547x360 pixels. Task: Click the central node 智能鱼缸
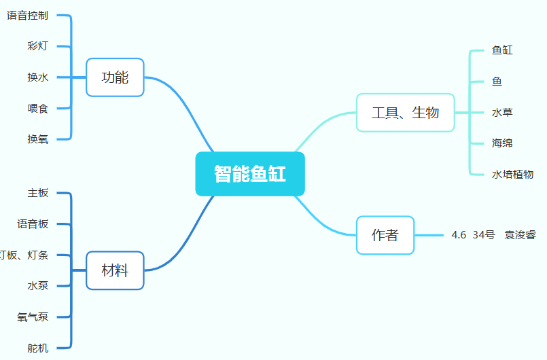tap(250, 174)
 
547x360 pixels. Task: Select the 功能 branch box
tap(115, 77)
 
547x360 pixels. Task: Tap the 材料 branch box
tap(115, 270)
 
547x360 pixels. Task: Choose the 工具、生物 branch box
tap(405, 113)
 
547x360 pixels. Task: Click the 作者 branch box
tap(385, 235)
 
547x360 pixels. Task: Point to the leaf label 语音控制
tap(27, 16)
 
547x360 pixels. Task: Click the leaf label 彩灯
tap(37, 46)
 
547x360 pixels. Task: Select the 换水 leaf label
tap(37, 77)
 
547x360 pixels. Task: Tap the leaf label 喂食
tap(37, 108)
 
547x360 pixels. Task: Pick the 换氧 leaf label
tap(37, 139)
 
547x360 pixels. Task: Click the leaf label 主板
tap(37, 193)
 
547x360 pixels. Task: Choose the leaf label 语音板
tap(33, 223)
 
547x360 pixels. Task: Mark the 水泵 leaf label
tap(37, 286)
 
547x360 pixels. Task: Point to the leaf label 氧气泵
tap(33, 317)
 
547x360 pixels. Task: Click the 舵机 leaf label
tap(37, 348)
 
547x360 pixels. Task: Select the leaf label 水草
tap(502, 112)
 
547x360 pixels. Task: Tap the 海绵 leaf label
tap(502, 143)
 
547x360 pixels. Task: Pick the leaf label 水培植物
tap(512, 174)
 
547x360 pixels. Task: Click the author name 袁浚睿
tap(520, 235)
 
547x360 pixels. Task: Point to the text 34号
tap(484, 235)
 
